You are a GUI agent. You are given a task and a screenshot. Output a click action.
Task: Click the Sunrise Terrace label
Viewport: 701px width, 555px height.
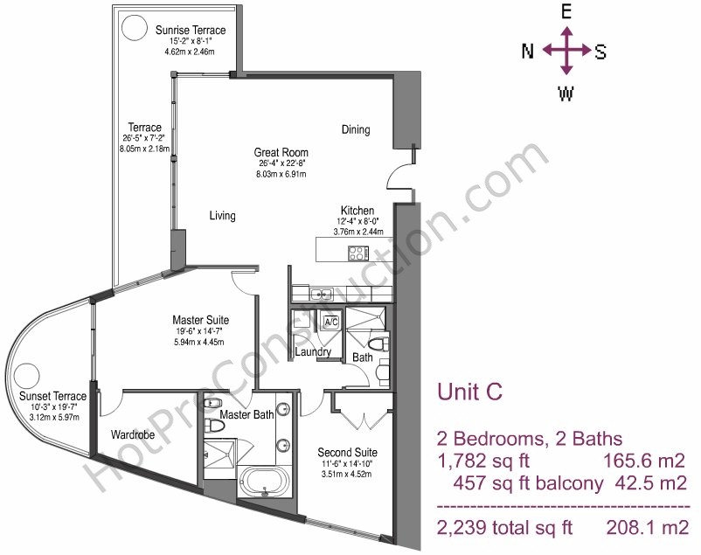[191, 31]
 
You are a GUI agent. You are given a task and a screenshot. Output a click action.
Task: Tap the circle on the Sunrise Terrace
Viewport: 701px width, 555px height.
[135, 27]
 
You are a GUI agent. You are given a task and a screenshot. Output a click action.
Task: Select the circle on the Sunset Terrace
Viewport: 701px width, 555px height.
[26, 376]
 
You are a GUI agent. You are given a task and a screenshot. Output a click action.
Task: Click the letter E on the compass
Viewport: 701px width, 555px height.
[566, 12]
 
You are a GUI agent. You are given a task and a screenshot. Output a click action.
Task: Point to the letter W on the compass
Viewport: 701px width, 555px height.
[566, 94]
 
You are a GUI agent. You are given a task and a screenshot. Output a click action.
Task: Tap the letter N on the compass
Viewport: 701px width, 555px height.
[528, 51]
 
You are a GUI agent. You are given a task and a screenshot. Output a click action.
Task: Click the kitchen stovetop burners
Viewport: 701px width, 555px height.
[358, 253]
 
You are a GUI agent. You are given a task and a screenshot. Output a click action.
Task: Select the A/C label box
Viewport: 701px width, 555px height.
[331, 322]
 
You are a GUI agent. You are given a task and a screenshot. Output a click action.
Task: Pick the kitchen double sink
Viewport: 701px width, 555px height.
[322, 295]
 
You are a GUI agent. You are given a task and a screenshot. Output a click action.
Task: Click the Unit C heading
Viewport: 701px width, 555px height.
[470, 392]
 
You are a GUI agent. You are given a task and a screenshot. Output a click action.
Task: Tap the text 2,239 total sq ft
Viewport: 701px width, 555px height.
[504, 528]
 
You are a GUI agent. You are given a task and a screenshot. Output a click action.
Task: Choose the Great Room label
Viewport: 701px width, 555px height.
[281, 152]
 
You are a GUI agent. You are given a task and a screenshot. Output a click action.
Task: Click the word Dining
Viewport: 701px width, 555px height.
[356, 129]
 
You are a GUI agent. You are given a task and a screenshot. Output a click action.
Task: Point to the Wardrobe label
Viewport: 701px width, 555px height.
[133, 434]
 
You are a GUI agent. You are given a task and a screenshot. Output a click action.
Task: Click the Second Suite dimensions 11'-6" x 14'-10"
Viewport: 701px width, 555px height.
[347, 464]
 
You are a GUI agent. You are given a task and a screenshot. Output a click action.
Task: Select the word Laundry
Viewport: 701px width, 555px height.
[313, 352]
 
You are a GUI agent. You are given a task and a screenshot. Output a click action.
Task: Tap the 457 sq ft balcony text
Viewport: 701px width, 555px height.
[528, 483]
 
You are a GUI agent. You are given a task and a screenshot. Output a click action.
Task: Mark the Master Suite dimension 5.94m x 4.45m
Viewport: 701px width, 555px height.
[200, 342]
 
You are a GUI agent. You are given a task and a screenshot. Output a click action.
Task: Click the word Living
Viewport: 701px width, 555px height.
[223, 216]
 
